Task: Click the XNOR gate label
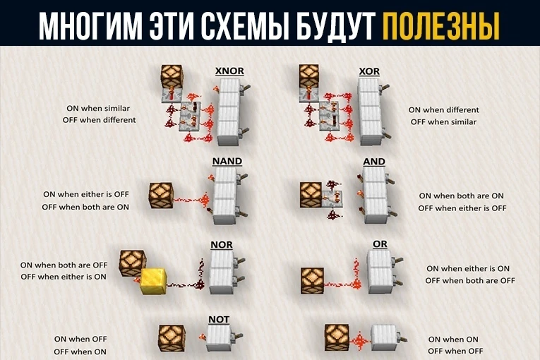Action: click(229, 71)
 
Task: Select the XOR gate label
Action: click(369, 71)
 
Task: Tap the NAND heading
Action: click(227, 161)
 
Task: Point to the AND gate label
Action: click(374, 161)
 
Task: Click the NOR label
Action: click(222, 245)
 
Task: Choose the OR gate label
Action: click(380, 244)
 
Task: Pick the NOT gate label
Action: click(219, 319)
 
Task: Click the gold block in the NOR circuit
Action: click(154, 281)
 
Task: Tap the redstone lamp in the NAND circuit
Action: click(161, 196)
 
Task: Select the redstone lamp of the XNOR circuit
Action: click(172, 76)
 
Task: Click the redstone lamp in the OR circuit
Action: click(313, 281)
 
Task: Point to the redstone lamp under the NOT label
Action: click(172, 338)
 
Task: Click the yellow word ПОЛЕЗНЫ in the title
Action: click(441, 27)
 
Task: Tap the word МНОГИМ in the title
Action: click(90, 27)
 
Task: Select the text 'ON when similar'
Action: click(98, 108)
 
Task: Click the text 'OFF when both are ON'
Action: click(85, 207)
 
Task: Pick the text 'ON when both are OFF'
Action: click(64, 265)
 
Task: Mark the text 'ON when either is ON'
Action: click(468, 268)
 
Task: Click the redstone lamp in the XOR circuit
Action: click(309, 76)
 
